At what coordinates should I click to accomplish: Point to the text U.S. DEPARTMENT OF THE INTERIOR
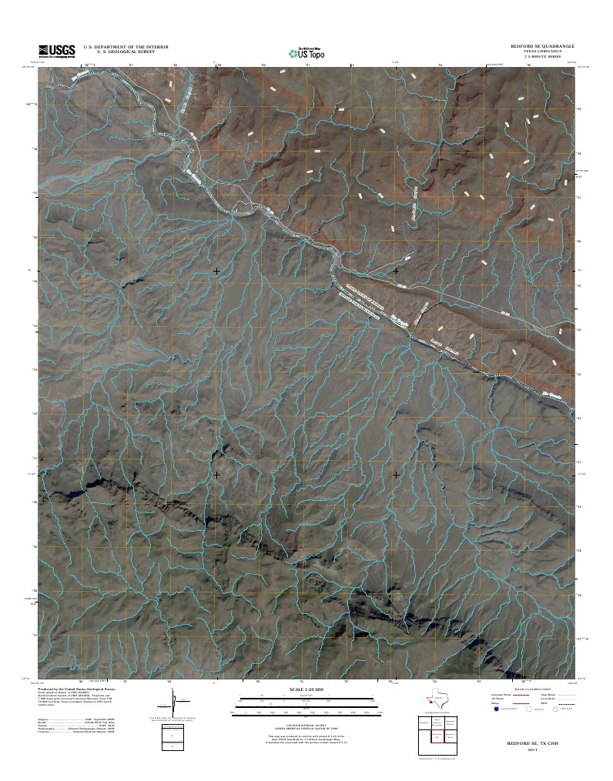126,47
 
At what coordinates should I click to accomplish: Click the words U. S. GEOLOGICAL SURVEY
126,52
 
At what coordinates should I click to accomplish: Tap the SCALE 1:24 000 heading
306,689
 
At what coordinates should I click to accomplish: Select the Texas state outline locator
438,701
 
